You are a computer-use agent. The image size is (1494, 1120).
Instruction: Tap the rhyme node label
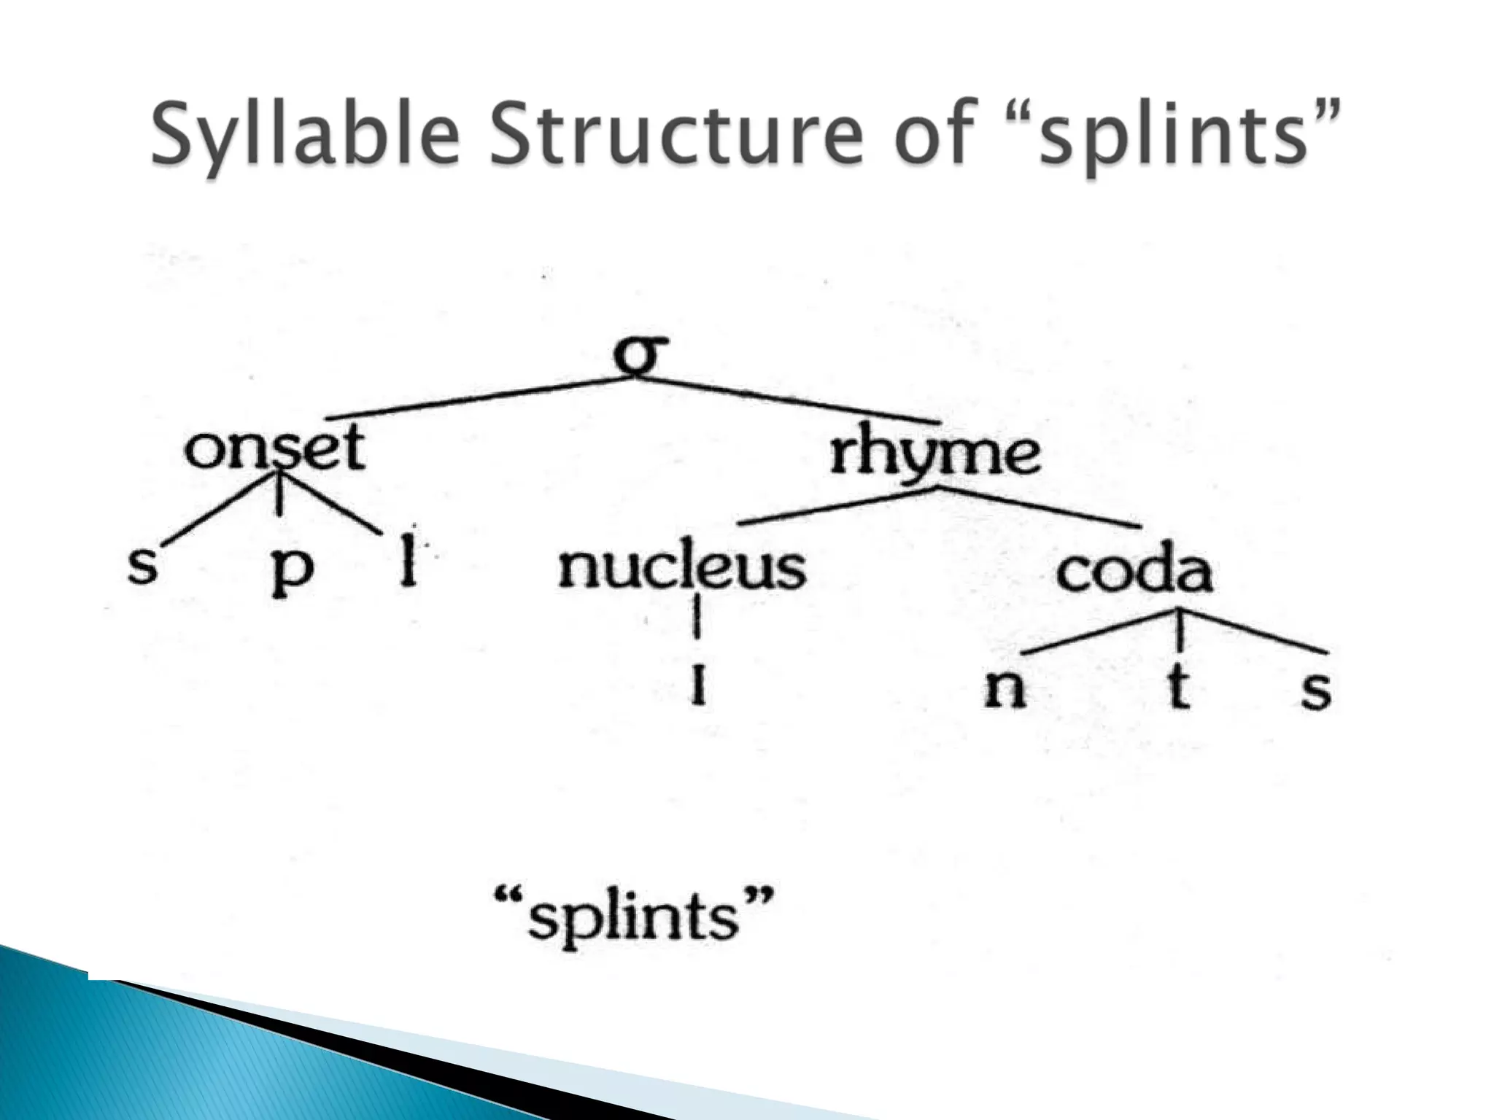point(935,454)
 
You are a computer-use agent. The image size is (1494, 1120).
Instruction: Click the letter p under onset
point(292,572)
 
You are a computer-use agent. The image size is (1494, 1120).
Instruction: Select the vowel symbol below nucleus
point(698,685)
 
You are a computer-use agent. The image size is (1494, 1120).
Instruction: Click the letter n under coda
point(1005,688)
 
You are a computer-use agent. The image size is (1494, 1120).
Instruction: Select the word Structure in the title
point(682,134)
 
